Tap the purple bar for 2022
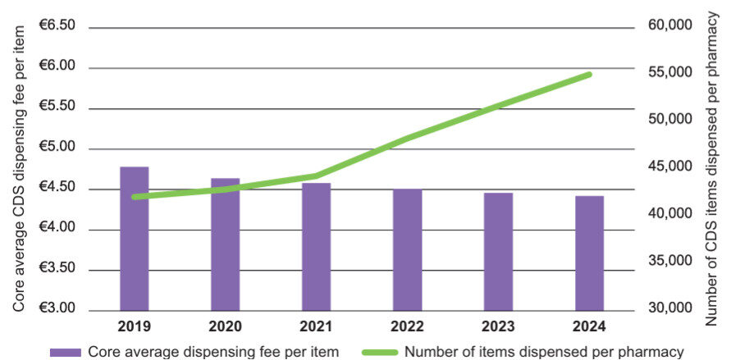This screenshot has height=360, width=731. coord(407,249)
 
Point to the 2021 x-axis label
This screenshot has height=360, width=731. coord(316,326)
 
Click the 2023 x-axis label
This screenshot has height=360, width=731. coord(498,326)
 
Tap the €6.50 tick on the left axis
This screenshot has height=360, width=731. coord(57,26)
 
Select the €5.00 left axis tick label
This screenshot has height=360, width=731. coord(57,148)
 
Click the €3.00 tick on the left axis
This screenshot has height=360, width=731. coord(57,309)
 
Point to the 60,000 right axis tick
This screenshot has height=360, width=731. coord(670,25)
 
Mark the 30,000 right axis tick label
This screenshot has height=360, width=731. coord(670,308)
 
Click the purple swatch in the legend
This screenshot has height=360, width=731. coord(66,352)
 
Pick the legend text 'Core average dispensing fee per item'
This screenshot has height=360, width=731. coord(212,352)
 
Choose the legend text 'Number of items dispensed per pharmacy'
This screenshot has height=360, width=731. coord(544,352)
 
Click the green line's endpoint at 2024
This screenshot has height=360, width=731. coord(589,75)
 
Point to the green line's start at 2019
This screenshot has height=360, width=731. coord(135,197)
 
